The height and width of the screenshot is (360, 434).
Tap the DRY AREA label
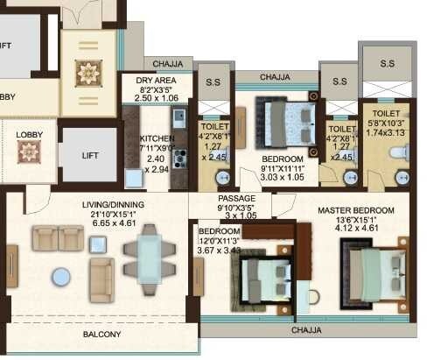[x=157, y=78]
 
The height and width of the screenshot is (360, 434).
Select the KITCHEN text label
[x=157, y=138]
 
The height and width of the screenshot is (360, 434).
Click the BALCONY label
[x=101, y=335]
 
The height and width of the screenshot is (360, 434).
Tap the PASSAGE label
[x=236, y=199]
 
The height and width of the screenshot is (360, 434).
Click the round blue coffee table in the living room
[x=61, y=277]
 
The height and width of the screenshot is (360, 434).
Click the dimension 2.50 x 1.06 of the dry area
[x=157, y=98]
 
